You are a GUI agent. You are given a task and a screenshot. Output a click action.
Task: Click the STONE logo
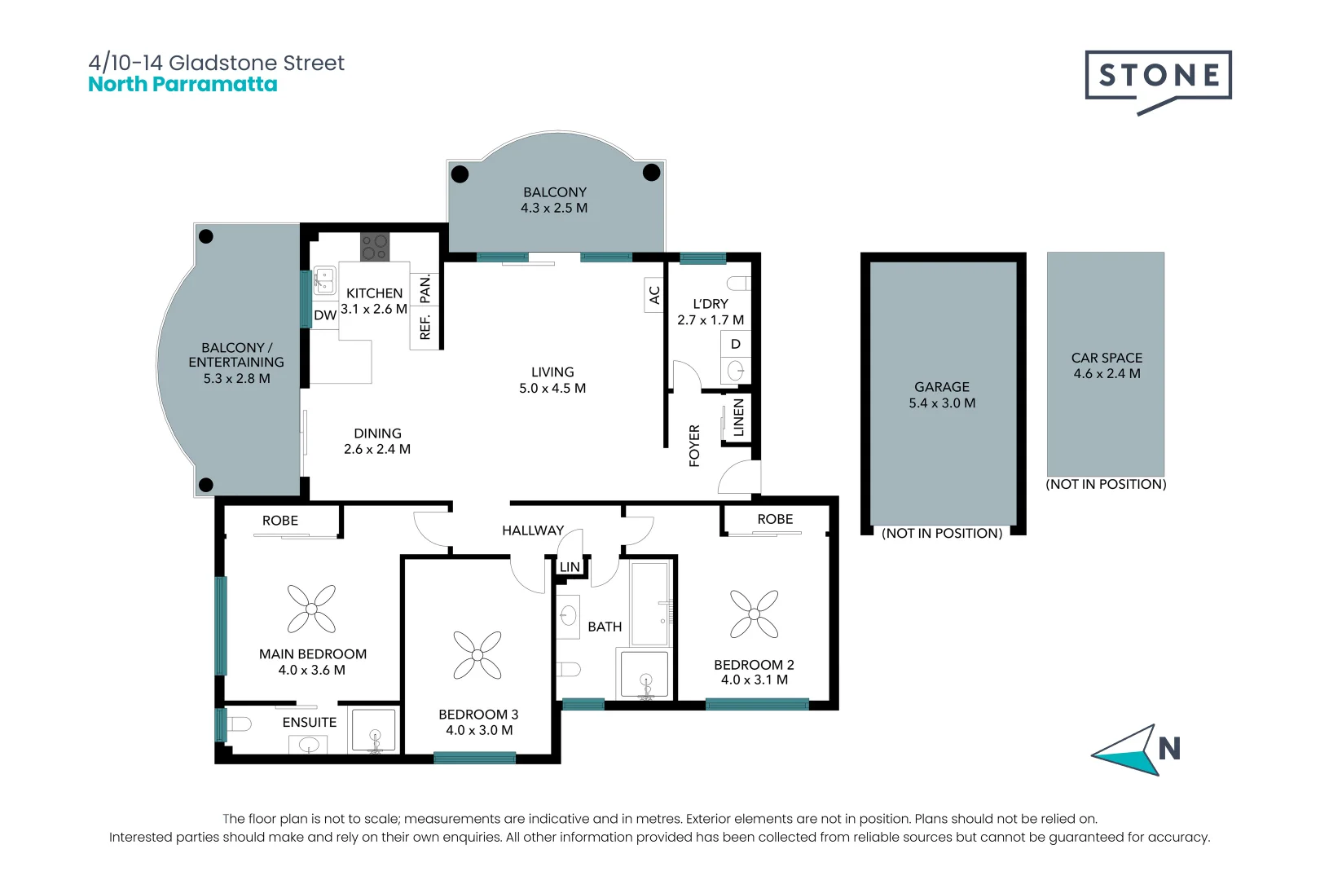point(1157,76)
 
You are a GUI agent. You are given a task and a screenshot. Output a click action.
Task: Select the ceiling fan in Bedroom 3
point(477,655)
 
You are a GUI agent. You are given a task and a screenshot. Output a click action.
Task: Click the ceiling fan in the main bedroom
point(311,609)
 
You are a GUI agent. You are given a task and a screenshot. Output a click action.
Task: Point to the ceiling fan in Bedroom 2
point(754,614)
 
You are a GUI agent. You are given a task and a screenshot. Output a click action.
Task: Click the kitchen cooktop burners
point(375,247)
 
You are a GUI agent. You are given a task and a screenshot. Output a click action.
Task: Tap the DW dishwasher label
point(325,315)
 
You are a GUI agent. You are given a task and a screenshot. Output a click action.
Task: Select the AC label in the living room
point(654,295)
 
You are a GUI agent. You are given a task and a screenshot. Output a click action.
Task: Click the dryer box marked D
point(735,344)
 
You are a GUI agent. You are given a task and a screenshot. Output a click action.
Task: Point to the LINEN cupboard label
point(738,417)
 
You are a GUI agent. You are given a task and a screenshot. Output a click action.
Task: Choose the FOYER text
point(694,446)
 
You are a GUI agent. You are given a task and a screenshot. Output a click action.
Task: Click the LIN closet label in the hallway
point(570,567)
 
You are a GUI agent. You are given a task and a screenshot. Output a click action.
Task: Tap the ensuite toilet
point(238,724)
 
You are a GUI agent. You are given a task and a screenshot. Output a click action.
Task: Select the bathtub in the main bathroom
point(650,603)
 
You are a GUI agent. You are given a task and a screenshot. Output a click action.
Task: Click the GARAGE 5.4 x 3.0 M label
point(942,395)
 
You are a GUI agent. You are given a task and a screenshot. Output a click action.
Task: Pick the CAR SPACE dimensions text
point(1107,374)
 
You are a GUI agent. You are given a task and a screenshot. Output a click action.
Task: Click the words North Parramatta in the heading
point(183,85)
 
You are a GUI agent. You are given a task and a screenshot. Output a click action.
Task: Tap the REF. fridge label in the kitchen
point(425,326)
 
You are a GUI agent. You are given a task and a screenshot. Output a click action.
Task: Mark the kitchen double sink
point(324,279)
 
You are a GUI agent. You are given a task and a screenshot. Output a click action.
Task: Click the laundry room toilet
point(738,284)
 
